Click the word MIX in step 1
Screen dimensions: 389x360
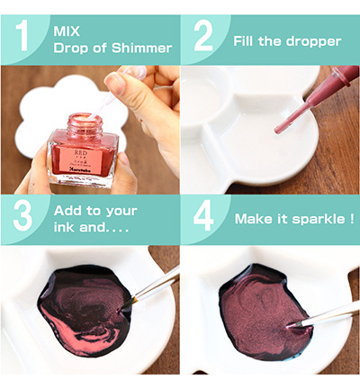point(67,30)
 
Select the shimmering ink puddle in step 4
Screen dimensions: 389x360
point(261,311)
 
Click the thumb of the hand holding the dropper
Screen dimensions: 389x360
point(117,86)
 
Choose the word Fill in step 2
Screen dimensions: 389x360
point(245,41)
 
